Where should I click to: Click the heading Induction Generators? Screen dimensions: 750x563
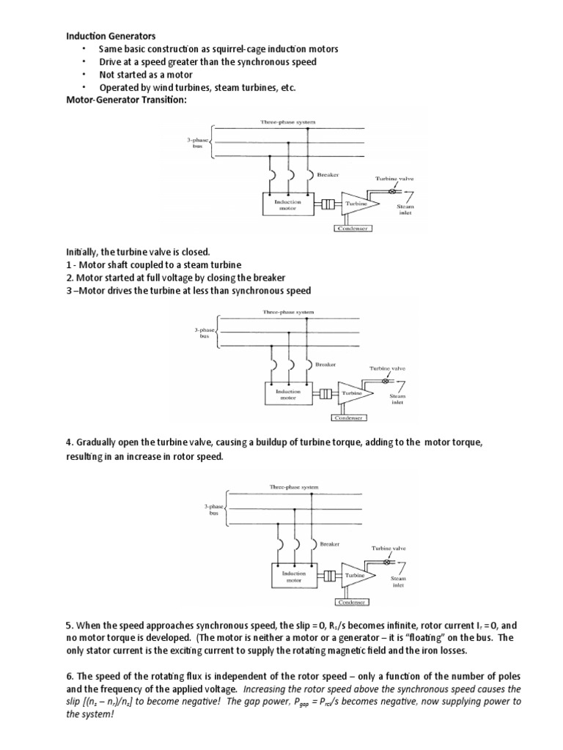tap(111, 35)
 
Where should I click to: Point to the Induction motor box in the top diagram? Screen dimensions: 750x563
tap(282, 204)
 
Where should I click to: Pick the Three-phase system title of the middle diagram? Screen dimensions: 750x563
tap(288, 312)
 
